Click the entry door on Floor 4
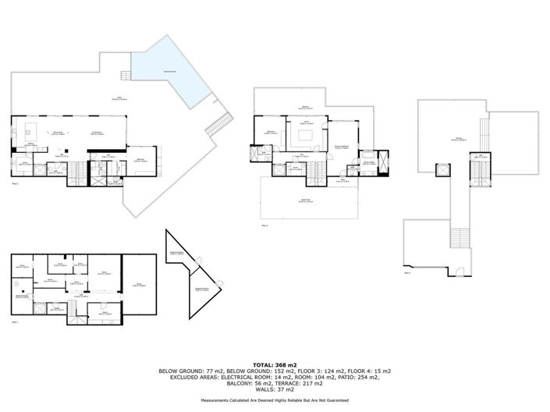pyautogui.click(x=460, y=272)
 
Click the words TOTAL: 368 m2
pyautogui.click(x=275, y=364)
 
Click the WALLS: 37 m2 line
pyautogui.click(x=275, y=389)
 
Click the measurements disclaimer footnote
pyautogui.click(x=275, y=400)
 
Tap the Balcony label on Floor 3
pyautogui.click(x=302, y=108)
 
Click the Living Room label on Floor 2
pyautogui.click(x=99, y=133)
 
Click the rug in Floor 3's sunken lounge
pyautogui.click(x=305, y=134)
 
